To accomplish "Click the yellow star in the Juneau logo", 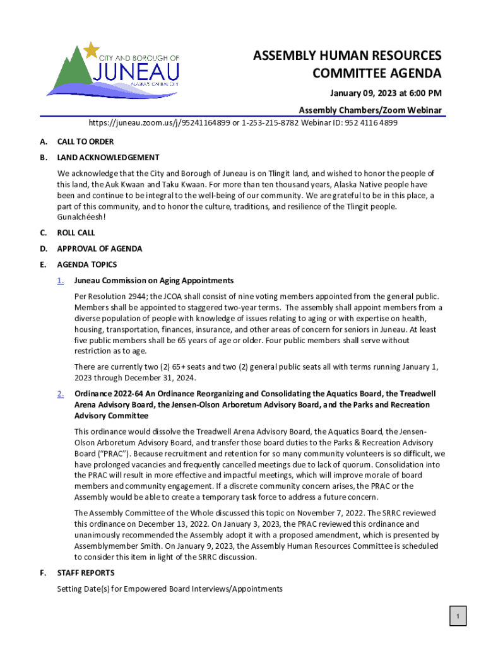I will tap(92, 49).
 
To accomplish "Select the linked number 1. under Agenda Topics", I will tap(60, 281).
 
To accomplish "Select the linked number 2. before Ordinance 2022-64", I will tap(60, 394).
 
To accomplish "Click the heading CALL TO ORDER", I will tap(85, 142).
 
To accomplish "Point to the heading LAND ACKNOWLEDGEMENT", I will tap(108, 158).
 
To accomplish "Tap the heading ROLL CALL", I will tap(76, 233).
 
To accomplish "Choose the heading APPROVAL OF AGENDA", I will tap(99, 249).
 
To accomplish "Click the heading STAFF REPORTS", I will tap(86, 573).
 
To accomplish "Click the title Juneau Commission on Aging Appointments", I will tap(154, 281).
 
